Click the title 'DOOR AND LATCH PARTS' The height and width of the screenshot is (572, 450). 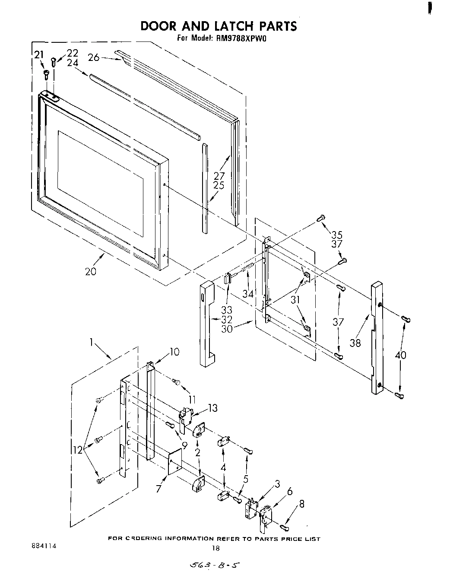click(x=219, y=26)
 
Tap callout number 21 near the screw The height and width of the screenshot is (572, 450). click(x=39, y=54)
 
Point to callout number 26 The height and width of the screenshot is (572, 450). click(x=94, y=57)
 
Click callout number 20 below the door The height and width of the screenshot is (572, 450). click(x=91, y=271)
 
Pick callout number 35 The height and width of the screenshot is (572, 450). click(x=336, y=235)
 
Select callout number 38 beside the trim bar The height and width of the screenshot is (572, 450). click(x=355, y=343)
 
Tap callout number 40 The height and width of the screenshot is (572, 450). click(x=401, y=355)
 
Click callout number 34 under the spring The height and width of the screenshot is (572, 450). click(x=248, y=294)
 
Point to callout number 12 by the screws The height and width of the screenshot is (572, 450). click(x=77, y=449)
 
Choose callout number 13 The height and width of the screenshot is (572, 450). click(x=212, y=408)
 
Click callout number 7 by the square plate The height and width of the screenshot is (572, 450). click(x=158, y=489)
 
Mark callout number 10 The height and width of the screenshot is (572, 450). click(x=174, y=352)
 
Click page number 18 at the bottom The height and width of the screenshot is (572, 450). click(x=216, y=549)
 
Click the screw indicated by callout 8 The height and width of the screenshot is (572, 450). click(x=285, y=527)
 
